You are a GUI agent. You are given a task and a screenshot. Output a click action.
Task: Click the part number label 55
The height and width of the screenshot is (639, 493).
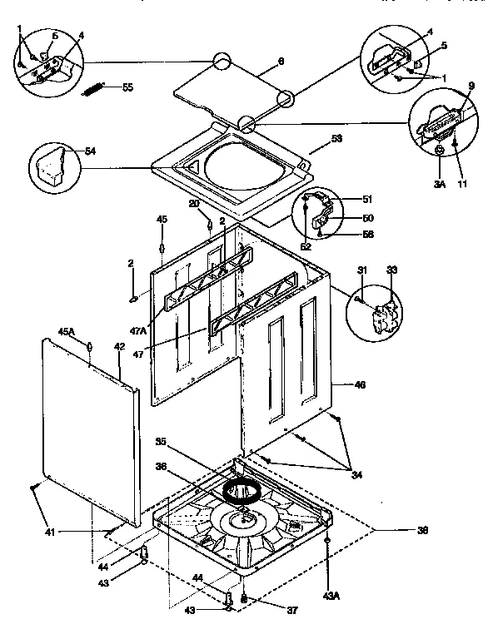tap(127, 87)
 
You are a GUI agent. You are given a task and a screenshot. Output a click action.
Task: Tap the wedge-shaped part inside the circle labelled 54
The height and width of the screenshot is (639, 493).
tap(52, 165)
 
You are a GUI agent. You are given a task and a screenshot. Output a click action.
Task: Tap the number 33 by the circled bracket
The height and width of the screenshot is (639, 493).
tap(393, 269)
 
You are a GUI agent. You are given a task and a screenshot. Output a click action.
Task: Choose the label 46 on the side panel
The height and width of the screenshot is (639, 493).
tap(359, 385)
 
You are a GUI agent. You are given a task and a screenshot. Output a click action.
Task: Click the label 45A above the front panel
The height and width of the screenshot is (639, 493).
tap(67, 331)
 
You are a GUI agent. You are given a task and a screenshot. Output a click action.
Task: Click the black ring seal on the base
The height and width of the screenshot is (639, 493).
tap(242, 492)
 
